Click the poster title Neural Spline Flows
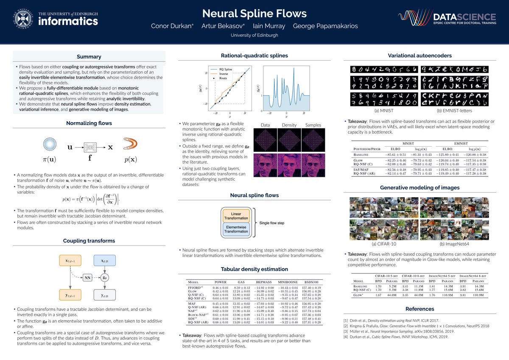254,13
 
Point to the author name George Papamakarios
326,26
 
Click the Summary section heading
89,57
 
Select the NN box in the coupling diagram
87,278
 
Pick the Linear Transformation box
236,215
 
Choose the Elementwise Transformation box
236,229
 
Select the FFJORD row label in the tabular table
196,288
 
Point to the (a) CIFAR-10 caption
384,244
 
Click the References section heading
420,309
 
